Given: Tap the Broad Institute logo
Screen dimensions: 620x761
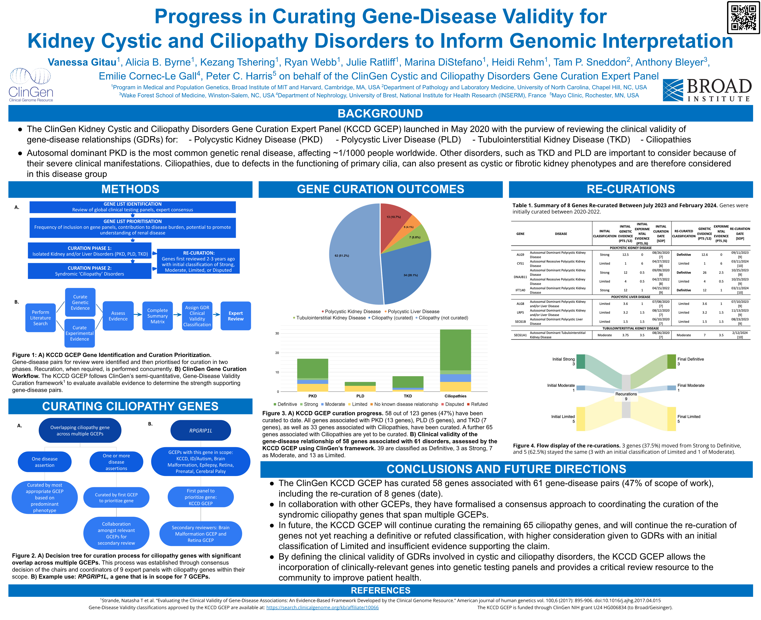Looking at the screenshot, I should (x=707, y=90).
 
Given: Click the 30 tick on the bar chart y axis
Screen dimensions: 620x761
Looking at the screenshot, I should (x=277, y=334).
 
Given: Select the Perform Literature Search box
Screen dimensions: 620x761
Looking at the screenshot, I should (x=40, y=317).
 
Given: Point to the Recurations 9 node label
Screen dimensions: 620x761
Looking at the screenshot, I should (x=626, y=396).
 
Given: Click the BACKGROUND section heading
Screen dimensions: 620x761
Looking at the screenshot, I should (x=380, y=114).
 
